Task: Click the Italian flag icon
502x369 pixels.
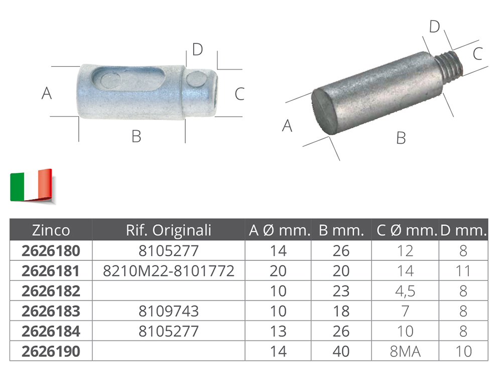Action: pos(31,186)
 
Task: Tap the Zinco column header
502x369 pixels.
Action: pos(51,230)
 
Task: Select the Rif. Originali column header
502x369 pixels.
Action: pos(169,230)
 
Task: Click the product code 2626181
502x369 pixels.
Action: pos(51,271)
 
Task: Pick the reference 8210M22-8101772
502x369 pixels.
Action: pos(169,271)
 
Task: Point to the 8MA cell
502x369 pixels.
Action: pos(405,352)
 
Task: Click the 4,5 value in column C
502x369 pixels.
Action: pos(405,292)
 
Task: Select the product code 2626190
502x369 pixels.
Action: pos(51,352)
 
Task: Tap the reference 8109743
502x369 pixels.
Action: pos(169,311)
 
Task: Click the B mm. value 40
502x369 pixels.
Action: pos(341,352)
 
